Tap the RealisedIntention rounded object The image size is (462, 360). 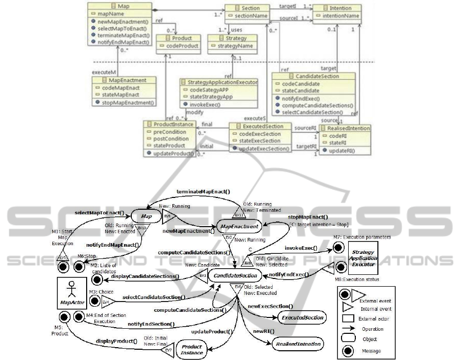[298, 344]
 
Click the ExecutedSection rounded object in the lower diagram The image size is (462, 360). [302, 318]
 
